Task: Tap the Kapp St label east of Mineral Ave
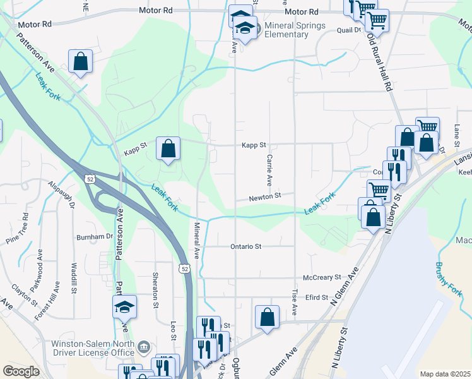[x=255, y=145]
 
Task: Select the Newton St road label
[x=264, y=196]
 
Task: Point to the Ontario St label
[x=246, y=246]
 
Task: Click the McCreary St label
[x=322, y=277]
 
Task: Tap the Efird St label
[x=316, y=297]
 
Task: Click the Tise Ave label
[x=295, y=303]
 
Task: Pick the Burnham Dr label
[x=94, y=237]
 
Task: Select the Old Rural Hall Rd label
[x=380, y=60]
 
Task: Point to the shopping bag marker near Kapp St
[x=168, y=149]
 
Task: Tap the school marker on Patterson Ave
[x=124, y=307]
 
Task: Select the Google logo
[x=21, y=371]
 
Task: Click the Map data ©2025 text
[x=444, y=374]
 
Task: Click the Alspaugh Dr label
[x=62, y=196]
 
